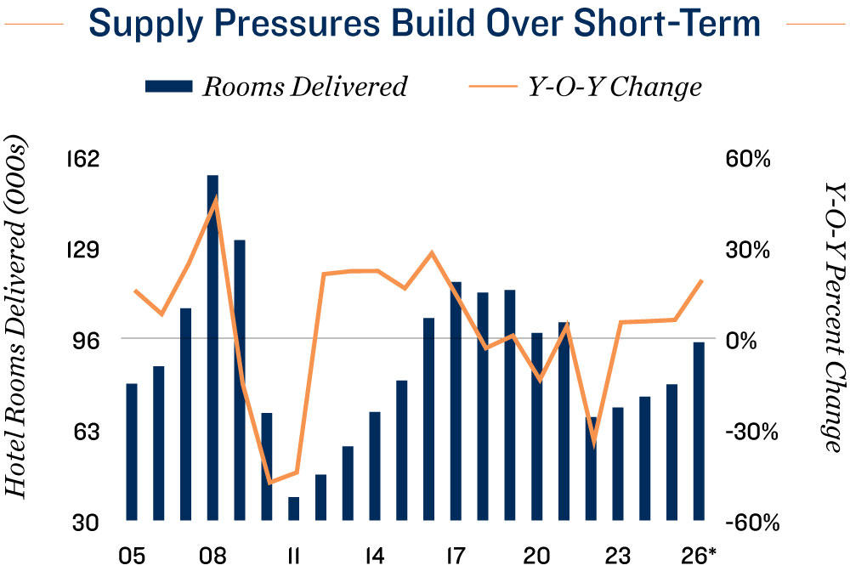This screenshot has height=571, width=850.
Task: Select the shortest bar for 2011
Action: click(294, 508)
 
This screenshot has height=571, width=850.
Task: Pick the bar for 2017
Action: click(456, 400)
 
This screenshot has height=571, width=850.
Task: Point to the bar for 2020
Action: click(537, 426)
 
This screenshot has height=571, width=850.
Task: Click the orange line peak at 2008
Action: click(216, 200)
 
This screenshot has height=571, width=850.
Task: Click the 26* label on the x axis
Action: click(700, 556)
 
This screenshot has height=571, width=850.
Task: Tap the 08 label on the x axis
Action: click(212, 556)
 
